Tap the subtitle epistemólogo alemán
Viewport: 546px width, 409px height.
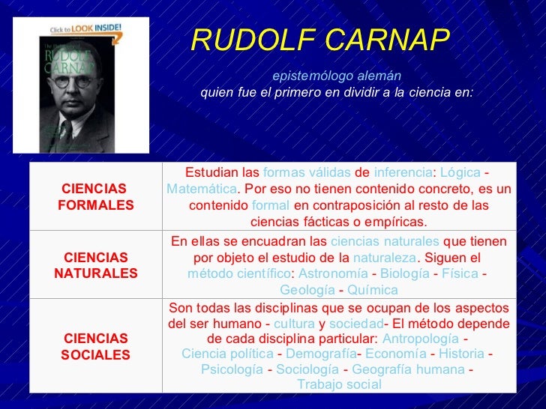[336, 76]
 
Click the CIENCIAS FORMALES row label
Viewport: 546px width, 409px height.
[95, 197]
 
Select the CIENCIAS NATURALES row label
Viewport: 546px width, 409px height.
[95, 265]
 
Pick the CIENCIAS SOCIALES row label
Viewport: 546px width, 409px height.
[95, 346]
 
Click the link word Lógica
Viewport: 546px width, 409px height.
[459, 172]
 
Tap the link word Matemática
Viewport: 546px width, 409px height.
[201, 188]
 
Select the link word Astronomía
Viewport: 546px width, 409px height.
[333, 274]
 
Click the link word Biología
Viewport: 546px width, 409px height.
[405, 274]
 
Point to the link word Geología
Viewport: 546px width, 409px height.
[307, 291]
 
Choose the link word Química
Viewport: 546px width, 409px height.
[373, 291]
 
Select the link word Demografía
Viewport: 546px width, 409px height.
[321, 354]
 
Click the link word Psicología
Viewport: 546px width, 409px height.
[232, 369]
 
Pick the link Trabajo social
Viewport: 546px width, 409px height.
[339, 385]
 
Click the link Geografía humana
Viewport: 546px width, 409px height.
[408, 369]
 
